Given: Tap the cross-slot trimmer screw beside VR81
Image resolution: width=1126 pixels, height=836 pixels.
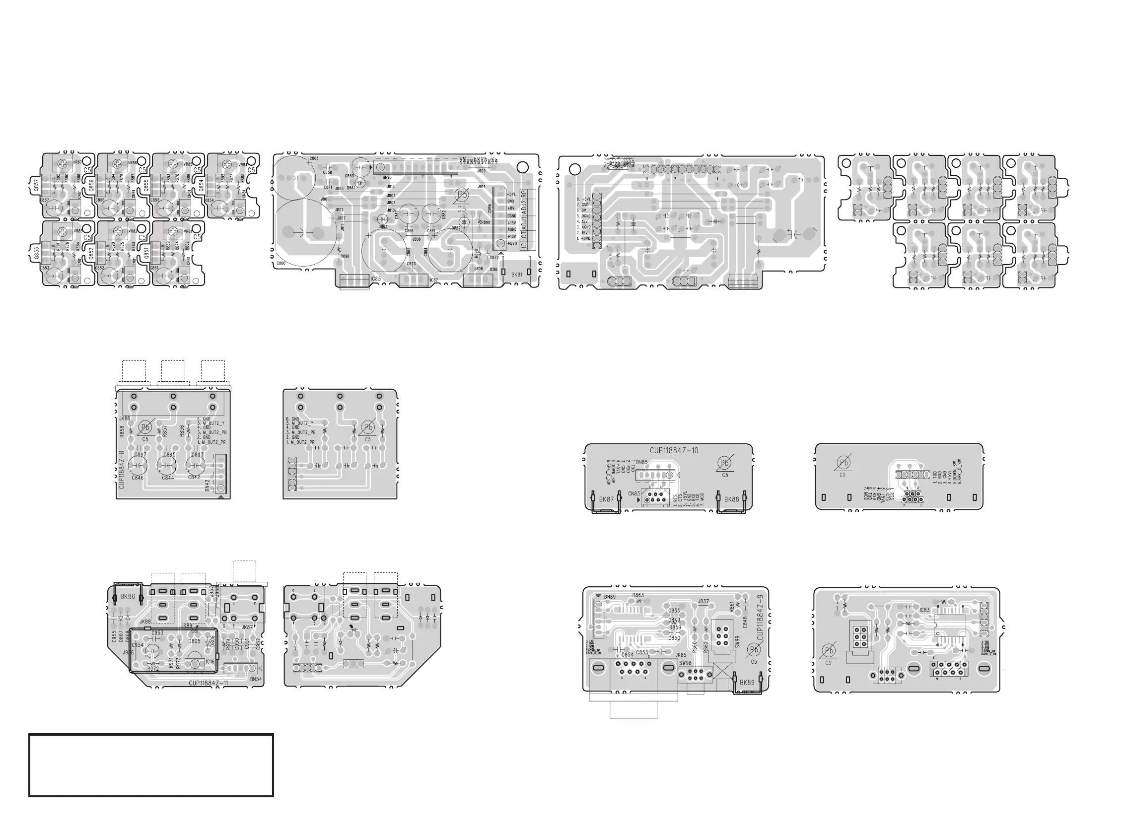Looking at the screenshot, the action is [x=173, y=232].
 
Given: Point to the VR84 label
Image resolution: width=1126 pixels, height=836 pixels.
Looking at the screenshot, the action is [x=243, y=164].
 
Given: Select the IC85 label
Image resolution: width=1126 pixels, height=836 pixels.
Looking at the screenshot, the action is [x=376, y=279].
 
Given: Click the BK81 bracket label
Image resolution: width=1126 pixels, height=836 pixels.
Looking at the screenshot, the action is [x=517, y=275].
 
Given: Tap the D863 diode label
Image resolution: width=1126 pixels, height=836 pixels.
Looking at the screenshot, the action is [x=383, y=226].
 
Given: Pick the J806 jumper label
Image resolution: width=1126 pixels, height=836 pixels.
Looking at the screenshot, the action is [x=417, y=239].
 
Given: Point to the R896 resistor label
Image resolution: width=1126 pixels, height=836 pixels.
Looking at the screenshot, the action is [x=345, y=256].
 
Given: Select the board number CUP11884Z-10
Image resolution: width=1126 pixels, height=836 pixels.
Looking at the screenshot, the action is [x=674, y=450].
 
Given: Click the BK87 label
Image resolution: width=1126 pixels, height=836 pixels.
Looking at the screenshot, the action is [x=606, y=499].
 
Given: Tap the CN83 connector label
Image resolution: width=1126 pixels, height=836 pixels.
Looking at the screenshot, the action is [x=634, y=493].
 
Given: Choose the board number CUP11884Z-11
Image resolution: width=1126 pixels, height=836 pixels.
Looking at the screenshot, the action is [x=209, y=683].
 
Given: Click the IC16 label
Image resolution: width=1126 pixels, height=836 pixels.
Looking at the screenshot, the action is [x=210, y=661].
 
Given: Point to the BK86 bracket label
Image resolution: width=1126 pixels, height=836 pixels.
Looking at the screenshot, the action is [x=128, y=597].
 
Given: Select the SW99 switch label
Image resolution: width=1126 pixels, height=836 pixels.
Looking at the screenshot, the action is [x=737, y=642].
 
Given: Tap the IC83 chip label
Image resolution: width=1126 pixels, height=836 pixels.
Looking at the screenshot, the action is [x=924, y=610].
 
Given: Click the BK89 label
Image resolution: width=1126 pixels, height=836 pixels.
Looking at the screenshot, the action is [x=747, y=682].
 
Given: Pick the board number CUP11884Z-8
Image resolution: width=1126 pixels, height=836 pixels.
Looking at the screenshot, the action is [x=121, y=469].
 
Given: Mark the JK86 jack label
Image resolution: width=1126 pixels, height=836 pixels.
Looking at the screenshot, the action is [x=125, y=418].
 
